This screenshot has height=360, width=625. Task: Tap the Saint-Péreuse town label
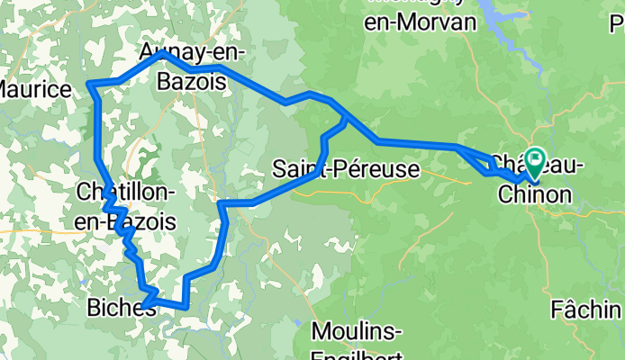(346, 168)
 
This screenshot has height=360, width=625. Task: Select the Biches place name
(120, 308)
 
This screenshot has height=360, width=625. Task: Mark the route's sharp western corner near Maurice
(90, 85)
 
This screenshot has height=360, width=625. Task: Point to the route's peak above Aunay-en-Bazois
(162, 53)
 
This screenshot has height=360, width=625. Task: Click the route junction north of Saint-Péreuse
(346, 116)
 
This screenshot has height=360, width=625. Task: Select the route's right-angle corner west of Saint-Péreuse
(222, 205)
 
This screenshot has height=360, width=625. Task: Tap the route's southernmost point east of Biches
(186, 306)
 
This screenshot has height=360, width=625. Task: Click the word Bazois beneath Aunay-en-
(191, 83)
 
